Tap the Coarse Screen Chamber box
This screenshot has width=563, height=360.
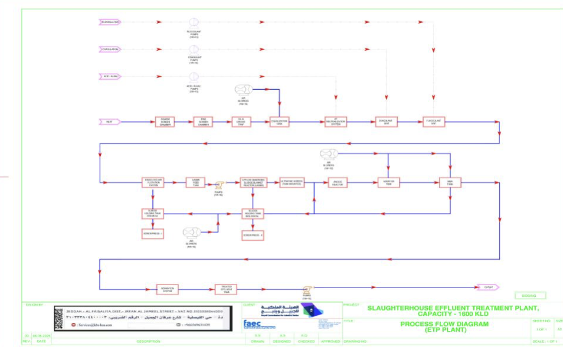tap(165, 122)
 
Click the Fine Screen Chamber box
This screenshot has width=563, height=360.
tap(203, 122)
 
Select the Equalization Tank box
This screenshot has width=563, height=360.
tap(279, 122)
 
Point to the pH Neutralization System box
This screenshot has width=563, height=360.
tap(336, 122)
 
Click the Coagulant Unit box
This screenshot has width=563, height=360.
tap(387, 122)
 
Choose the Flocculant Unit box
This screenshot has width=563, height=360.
tap(434, 122)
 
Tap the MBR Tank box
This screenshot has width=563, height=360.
tap(449, 182)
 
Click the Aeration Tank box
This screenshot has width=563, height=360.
tap(388, 182)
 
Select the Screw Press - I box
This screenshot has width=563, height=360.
tap(152, 234)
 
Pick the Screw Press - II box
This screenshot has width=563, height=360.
tap(253, 235)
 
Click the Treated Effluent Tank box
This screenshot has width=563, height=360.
tap(225, 288)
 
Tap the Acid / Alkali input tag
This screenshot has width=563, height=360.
tap(110, 76)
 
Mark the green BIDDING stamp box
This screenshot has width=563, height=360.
tap(531, 296)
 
